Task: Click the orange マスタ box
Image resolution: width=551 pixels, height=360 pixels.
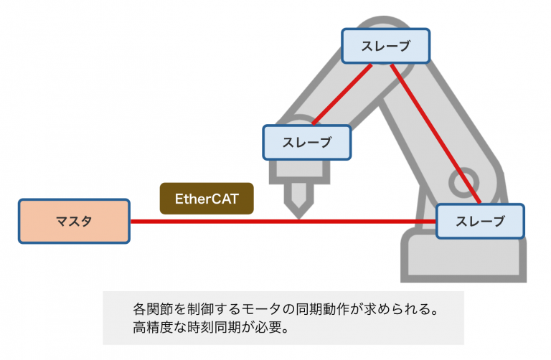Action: pyautogui.click(x=74, y=221)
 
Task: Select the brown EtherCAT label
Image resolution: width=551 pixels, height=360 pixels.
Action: pyautogui.click(x=207, y=198)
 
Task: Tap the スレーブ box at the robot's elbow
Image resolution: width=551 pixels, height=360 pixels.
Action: pyautogui.click(x=385, y=46)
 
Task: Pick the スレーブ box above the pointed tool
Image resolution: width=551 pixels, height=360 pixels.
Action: pyautogui.click(x=307, y=142)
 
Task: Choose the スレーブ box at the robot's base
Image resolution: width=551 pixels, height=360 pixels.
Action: pyautogui.click(x=479, y=221)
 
